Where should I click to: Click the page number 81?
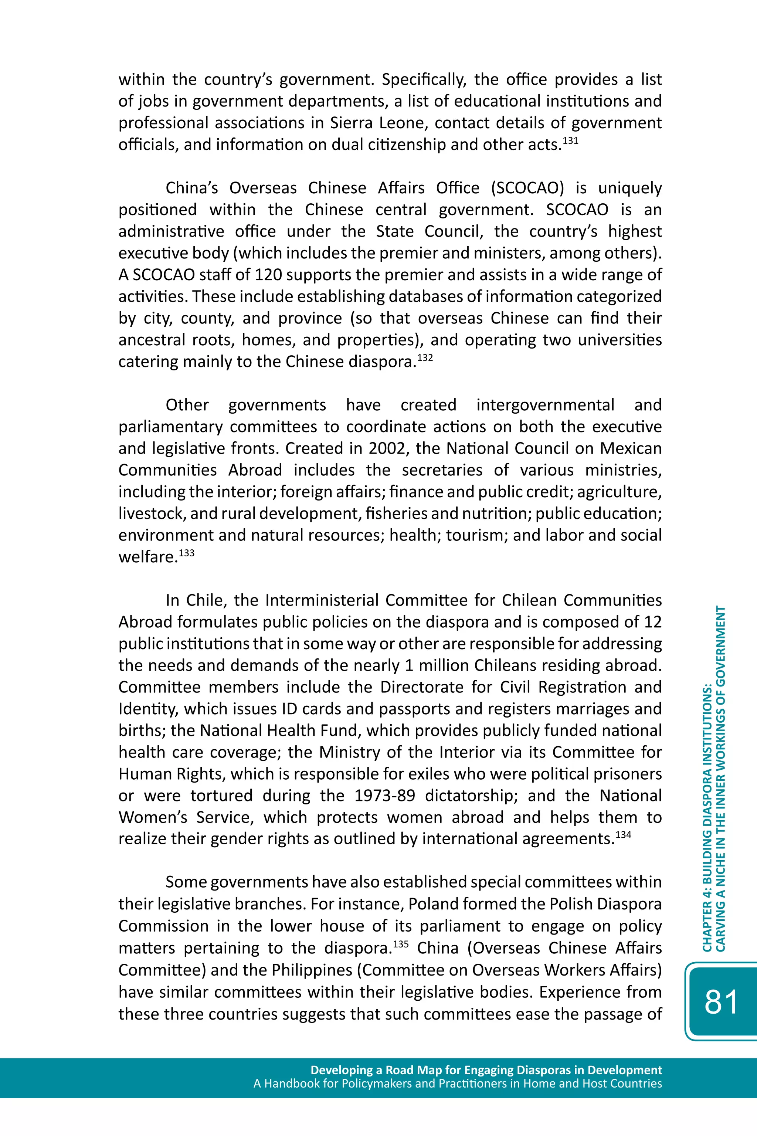click(721, 1002)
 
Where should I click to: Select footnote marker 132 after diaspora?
click(425, 358)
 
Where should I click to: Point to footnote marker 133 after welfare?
click(186, 553)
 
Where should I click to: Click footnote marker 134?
click(623, 835)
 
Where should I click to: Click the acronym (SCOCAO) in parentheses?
click(527, 188)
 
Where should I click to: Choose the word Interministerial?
click(322, 600)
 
